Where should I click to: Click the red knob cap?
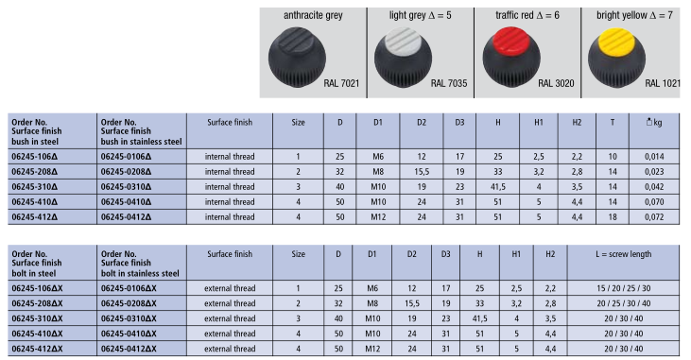click(x=511, y=40)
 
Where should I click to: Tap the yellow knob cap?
click(x=616, y=40)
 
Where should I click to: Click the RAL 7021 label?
click(x=341, y=83)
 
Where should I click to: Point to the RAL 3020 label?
click(x=556, y=83)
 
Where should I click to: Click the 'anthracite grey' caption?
click(x=313, y=15)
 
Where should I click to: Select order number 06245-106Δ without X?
click(x=34, y=157)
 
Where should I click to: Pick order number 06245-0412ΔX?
click(x=129, y=349)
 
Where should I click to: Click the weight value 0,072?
click(x=654, y=216)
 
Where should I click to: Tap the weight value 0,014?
click(x=654, y=157)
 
